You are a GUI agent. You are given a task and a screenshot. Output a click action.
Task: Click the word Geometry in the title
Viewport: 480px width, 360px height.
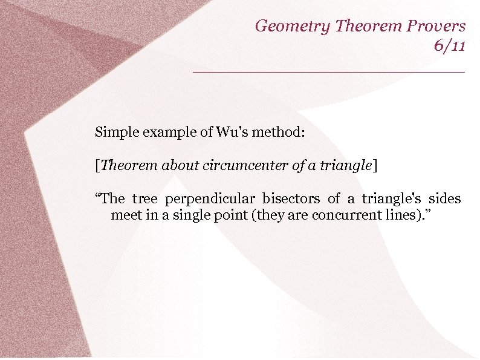tap(292, 26)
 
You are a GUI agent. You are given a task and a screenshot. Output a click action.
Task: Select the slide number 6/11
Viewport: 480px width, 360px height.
tap(449, 45)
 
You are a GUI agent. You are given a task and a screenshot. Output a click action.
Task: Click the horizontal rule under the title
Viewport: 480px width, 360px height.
tap(329, 72)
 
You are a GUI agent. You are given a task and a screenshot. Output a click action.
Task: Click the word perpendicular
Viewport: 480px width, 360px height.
tap(210, 199)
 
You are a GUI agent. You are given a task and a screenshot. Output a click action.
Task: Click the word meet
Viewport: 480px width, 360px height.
tap(125, 215)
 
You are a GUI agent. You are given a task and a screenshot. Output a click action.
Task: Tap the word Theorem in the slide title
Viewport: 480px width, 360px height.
tap(363, 26)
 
